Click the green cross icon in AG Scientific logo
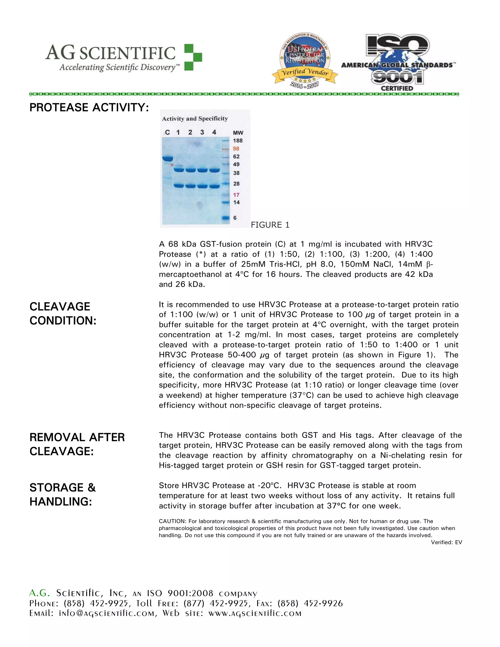click(193, 57)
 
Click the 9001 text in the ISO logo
click(397, 78)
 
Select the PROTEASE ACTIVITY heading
click(89, 107)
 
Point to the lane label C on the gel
click(167, 132)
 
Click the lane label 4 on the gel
click(214, 132)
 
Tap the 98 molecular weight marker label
click(236, 149)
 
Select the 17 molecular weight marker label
click(236, 195)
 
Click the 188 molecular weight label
click(238, 141)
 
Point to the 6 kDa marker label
click(235, 218)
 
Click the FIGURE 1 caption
click(270, 225)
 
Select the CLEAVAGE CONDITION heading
click(63, 313)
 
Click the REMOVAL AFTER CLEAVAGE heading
click(77, 444)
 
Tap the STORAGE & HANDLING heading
click(62, 494)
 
